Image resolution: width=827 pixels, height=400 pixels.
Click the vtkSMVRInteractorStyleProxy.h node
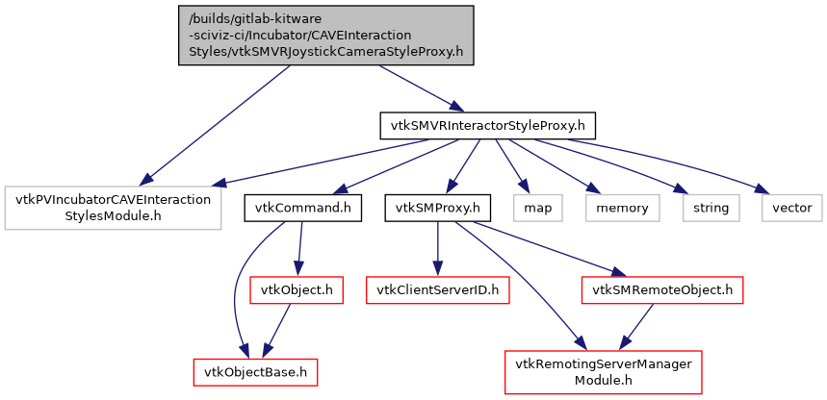[x=487, y=126]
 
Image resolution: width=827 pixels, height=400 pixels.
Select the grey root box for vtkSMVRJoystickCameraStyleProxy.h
[x=326, y=35]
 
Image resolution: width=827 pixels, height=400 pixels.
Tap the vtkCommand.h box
[x=302, y=208]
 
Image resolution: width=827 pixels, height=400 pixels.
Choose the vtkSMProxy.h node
[x=438, y=208]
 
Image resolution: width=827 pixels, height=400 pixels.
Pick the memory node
[x=621, y=208]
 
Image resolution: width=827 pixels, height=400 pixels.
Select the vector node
[x=792, y=208]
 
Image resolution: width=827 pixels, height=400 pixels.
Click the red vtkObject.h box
[x=297, y=289]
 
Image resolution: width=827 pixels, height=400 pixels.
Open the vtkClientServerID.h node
[x=438, y=289]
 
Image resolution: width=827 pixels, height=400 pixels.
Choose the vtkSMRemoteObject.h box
[x=662, y=289]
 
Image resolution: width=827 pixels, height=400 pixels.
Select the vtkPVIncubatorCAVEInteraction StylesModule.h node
[x=111, y=208]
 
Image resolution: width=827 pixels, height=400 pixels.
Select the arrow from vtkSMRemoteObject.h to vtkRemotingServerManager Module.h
[x=635, y=328]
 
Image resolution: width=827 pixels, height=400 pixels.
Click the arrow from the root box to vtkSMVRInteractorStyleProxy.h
[x=414, y=87]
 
